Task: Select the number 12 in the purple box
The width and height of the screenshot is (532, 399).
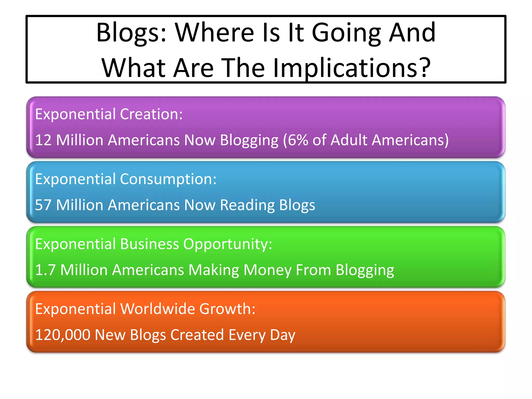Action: point(43,140)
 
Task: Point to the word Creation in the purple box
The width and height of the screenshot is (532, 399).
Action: point(151,114)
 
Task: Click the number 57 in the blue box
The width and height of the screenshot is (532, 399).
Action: point(43,205)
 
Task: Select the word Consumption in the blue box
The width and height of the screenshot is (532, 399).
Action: point(168,179)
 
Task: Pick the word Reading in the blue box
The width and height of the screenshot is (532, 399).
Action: point(247,205)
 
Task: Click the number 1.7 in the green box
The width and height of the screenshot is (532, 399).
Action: point(45,270)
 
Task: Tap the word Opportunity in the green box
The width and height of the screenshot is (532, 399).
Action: point(228,244)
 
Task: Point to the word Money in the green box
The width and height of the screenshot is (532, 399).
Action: point(267,270)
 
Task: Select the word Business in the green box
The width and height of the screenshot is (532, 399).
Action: point(150,244)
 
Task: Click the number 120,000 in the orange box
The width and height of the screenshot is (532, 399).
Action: point(63,335)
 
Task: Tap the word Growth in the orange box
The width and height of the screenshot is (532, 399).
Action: point(227,309)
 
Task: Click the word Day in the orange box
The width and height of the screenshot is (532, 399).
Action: point(283,335)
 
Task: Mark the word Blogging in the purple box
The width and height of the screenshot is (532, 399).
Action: point(249,140)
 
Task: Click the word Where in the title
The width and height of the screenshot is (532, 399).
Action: point(214,33)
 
